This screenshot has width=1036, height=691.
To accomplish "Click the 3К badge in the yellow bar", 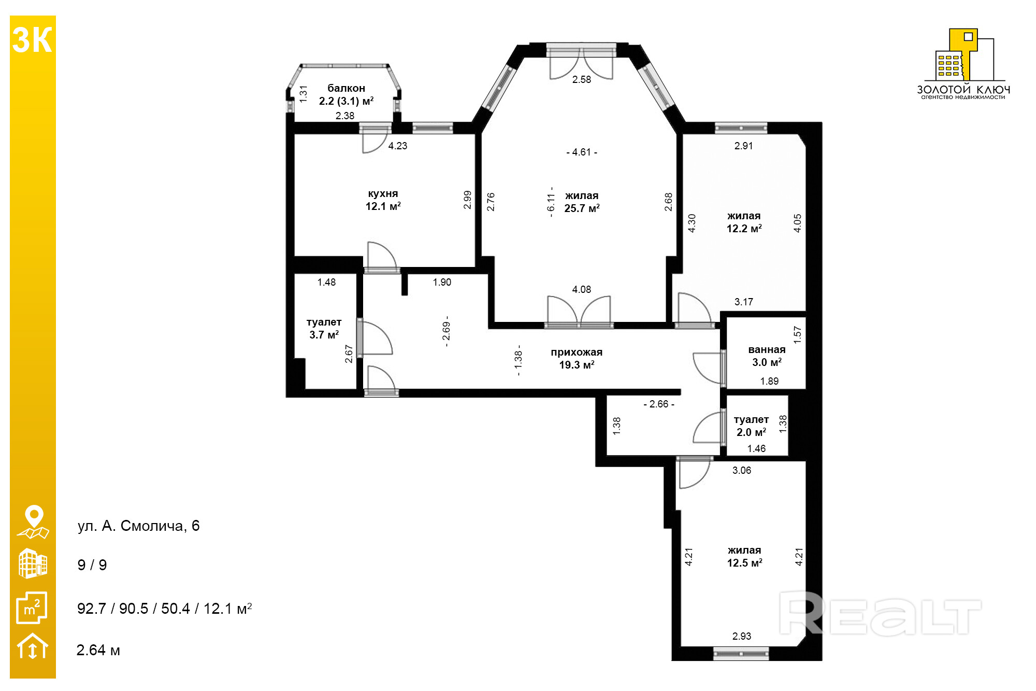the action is point(32,40).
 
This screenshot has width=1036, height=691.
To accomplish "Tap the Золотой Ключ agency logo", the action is point(963,64).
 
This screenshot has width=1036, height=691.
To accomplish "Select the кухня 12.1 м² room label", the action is point(383,200).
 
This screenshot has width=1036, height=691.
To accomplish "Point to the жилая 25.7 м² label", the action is point(582,202).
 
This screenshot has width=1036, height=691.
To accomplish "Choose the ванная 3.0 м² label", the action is point(767,356).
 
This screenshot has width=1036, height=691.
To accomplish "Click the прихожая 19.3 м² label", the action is point(577,359).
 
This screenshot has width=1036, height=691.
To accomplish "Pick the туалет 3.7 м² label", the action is point(324,329).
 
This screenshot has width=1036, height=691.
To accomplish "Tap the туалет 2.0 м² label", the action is point(751,426).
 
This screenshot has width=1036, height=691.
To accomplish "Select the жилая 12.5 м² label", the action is point(744,557).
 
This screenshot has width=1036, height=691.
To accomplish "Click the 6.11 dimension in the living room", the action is point(551,202).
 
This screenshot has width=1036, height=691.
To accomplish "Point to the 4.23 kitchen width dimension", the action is point(398,146).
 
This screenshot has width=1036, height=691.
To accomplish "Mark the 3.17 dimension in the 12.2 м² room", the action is point(744,302).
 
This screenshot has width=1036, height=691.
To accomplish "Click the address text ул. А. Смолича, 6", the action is point(138,526).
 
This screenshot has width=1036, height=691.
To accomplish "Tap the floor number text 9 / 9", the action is point(92,565).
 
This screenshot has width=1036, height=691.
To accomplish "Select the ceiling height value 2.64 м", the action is point(98,650).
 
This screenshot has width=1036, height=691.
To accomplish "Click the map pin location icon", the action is point(33,522).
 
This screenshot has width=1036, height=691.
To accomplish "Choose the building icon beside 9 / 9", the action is point(33,563).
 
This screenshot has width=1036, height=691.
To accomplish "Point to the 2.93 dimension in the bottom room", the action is point(742,637).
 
